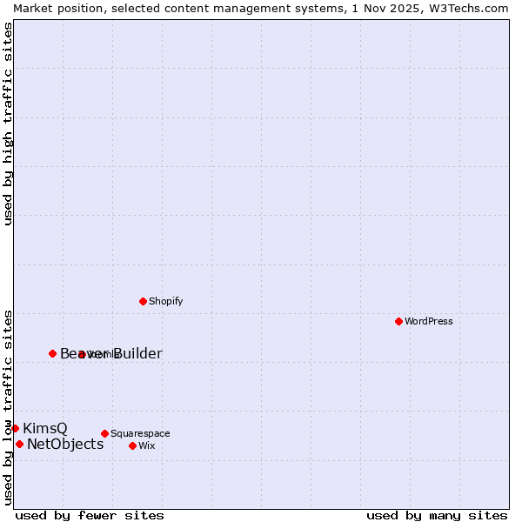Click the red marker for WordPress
(398, 321)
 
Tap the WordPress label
(429, 321)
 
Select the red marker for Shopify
(143, 301)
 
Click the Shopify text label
(165, 301)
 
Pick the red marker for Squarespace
(104, 433)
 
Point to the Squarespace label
(140, 433)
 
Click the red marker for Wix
(132, 445)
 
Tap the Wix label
(146, 445)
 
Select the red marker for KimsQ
(15, 428)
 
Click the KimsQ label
(44, 428)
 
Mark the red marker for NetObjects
(19, 444)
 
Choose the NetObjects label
(65, 444)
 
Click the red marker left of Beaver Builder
(52, 353)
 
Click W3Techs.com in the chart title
(466, 8)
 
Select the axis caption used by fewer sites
(90, 515)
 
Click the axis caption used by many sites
(437, 515)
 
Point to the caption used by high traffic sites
(8, 124)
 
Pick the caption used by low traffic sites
(8, 406)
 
